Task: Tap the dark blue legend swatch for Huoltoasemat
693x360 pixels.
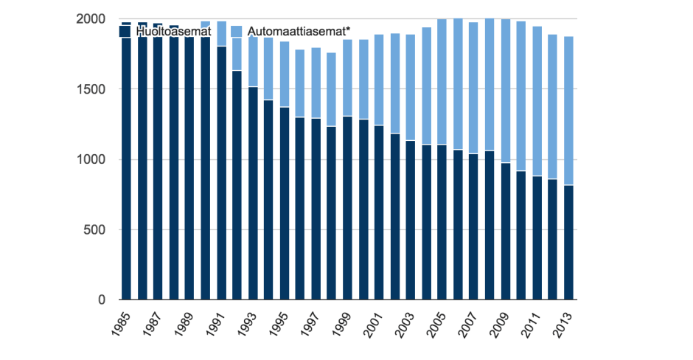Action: coord(125,32)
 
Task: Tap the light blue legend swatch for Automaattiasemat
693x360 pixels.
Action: coord(237,32)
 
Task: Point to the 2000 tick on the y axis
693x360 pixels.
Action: coord(91,18)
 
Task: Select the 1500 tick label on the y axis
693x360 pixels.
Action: coord(91,89)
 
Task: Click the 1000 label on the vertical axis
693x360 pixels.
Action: coord(91,159)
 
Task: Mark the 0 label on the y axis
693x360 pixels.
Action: coord(102,300)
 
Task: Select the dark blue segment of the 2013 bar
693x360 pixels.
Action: coord(568,243)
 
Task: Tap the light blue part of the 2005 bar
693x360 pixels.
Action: coord(442,81)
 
